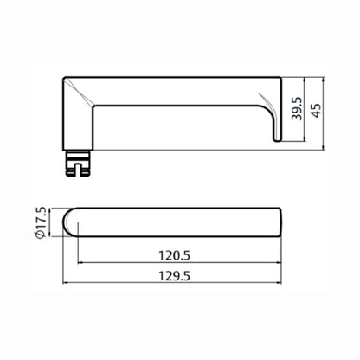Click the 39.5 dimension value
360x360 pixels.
click(297, 108)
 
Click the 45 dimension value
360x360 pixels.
click(317, 110)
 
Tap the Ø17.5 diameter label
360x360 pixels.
click(41, 222)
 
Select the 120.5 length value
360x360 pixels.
click(175, 255)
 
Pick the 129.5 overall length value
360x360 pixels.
click(175, 276)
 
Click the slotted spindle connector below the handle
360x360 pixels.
click(77, 164)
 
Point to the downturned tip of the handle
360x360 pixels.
click(277, 138)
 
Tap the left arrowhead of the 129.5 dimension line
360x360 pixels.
click(65, 283)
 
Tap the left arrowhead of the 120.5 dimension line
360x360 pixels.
click(80, 262)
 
